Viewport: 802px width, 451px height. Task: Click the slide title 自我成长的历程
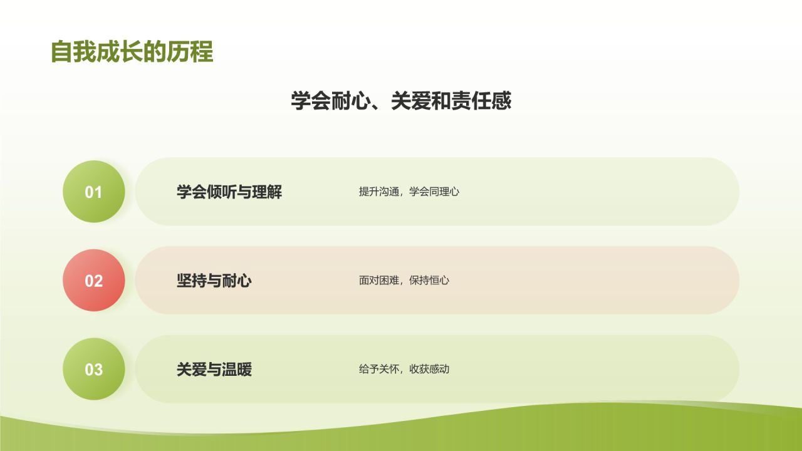coord(132,52)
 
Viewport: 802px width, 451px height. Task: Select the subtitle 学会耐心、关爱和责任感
coord(401,101)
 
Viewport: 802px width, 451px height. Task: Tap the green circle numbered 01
coord(93,192)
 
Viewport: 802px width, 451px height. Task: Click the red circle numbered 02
coord(93,281)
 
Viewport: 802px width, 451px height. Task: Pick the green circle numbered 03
coord(93,370)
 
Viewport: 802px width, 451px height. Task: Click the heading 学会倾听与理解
coord(229,192)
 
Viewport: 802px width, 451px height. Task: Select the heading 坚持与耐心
coord(214,281)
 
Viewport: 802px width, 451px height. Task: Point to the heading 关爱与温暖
coord(214,370)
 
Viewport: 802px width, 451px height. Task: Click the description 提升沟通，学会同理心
coord(409,192)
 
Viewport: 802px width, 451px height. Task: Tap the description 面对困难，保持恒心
coord(404,281)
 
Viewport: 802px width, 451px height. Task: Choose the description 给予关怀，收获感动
coord(404,370)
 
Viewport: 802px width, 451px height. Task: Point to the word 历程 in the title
coord(190,52)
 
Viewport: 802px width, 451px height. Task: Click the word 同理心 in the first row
coord(444,192)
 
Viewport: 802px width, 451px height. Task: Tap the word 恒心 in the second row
coord(439,281)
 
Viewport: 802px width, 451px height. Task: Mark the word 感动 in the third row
coord(439,370)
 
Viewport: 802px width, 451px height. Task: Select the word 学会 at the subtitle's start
coord(311,101)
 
